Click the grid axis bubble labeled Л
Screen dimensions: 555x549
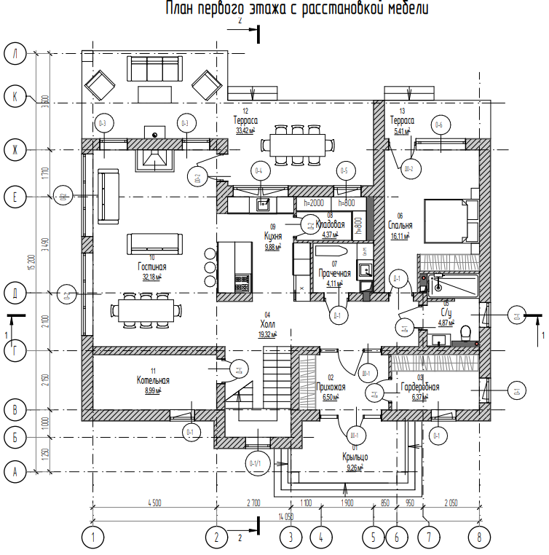point(15,53)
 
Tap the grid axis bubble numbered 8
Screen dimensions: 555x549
point(479,538)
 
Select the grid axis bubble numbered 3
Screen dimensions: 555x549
point(291,538)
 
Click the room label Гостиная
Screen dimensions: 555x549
point(152,267)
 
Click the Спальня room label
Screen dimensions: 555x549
point(400,226)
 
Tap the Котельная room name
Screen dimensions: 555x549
point(153,381)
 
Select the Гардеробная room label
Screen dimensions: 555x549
point(419,387)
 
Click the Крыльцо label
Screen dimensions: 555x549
point(355,457)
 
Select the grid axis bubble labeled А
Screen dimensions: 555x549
point(15,471)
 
